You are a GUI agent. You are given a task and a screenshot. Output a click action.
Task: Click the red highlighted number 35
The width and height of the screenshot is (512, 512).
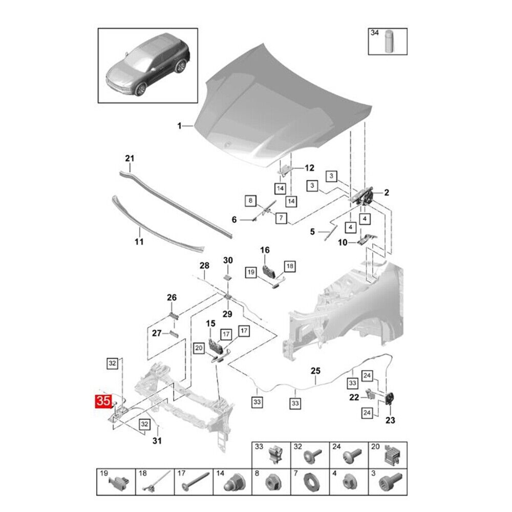click(103, 400)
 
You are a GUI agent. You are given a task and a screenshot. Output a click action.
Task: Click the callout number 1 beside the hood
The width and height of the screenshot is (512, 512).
click(179, 126)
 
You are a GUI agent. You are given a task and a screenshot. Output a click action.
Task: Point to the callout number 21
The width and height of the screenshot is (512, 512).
click(129, 159)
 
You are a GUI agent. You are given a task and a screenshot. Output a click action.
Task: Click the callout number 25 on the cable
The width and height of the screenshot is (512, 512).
click(315, 371)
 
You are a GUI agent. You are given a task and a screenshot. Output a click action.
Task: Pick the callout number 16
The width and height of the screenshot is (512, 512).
click(264, 250)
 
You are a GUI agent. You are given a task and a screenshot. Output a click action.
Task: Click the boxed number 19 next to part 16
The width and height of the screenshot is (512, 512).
click(250, 272)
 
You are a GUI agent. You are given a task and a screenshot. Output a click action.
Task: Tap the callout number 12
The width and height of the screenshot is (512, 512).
click(309, 167)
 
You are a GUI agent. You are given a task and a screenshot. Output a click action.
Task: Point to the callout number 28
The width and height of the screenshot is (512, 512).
click(204, 265)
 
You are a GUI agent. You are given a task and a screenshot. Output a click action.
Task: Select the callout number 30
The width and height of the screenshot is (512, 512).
click(228, 260)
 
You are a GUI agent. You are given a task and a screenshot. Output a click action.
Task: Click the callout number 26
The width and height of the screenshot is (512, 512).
click(172, 297)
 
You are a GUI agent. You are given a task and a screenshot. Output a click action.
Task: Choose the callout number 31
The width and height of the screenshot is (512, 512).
click(157, 441)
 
